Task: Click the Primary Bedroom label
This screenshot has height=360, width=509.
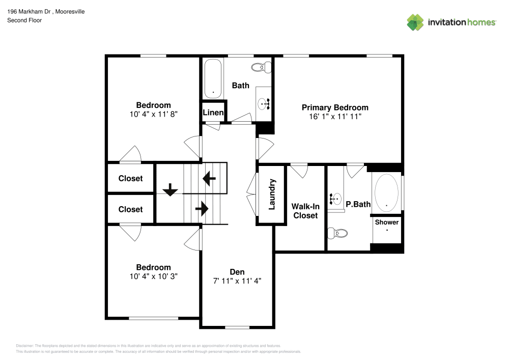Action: point(335,107)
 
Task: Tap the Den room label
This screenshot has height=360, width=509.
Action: point(237,272)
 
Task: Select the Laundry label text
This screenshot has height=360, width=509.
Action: point(272,194)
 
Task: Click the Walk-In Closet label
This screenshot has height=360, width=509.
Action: point(305,211)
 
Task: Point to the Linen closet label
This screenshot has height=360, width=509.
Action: point(213,113)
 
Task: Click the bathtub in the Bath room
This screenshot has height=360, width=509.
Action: point(213,79)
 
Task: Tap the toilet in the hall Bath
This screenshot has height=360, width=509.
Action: point(263,67)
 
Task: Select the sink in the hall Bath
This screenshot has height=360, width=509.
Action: point(264,103)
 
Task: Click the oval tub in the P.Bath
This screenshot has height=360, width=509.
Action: point(387,193)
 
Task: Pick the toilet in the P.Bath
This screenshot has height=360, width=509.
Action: point(338,233)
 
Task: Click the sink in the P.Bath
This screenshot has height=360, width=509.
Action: point(336,199)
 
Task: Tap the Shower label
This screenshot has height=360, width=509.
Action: point(387,223)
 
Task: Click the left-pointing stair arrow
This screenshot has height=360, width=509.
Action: point(209,179)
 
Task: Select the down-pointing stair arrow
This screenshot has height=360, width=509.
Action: point(170,191)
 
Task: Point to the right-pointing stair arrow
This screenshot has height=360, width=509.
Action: point(202,208)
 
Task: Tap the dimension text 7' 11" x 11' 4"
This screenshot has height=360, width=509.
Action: point(237,281)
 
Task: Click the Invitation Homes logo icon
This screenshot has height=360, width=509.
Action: point(415,22)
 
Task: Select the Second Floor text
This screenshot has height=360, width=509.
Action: point(24,20)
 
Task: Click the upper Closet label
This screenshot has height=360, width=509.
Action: point(130,179)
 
